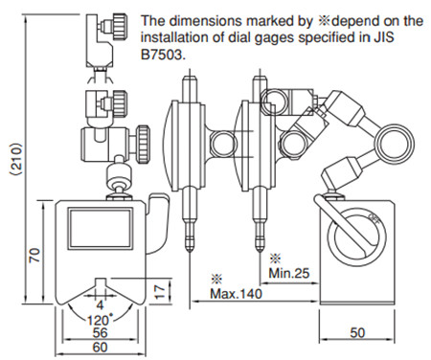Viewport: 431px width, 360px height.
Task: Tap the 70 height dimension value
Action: pyautogui.click(x=34, y=255)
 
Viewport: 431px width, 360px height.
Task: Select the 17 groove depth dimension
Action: pyautogui.click(x=161, y=291)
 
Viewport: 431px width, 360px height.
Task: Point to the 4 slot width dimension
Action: pyautogui.click(x=100, y=305)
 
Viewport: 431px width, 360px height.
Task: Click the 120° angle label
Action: pyautogui.click(x=100, y=319)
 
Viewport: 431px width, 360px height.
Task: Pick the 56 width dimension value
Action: pyautogui.click(x=100, y=333)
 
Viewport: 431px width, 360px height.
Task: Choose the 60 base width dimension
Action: pyautogui.click(x=100, y=348)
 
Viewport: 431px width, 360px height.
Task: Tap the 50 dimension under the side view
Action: pyautogui.click(x=357, y=333)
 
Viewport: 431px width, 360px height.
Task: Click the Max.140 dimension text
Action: pyautogui.click(x=236, y=293)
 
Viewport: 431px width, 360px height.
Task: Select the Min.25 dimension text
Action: pyautogui.click(x=289, y=274)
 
